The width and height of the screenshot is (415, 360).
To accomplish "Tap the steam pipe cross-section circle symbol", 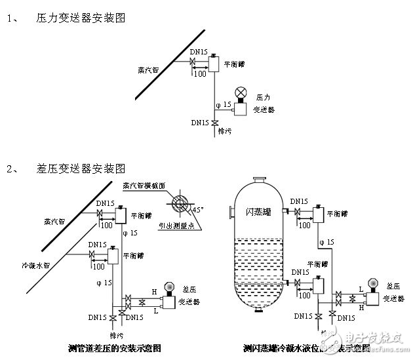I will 177,202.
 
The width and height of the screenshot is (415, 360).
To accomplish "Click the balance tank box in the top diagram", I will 213,64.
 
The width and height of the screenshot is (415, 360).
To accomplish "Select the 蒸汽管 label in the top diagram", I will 148,70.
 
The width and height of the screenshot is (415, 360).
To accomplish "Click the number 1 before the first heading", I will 11,18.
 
